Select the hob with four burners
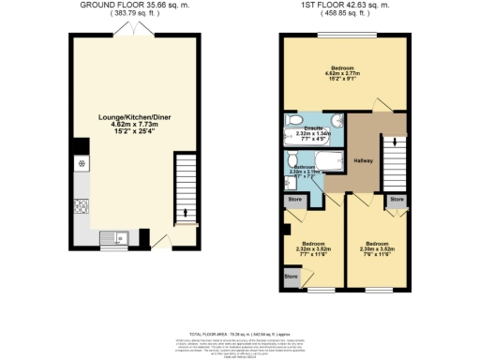tap(82, 165)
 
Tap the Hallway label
tap(363, 161)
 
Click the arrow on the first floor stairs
tap(396, 142)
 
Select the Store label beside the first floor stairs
tap(397, 200)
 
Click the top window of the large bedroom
tap(345, 36)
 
